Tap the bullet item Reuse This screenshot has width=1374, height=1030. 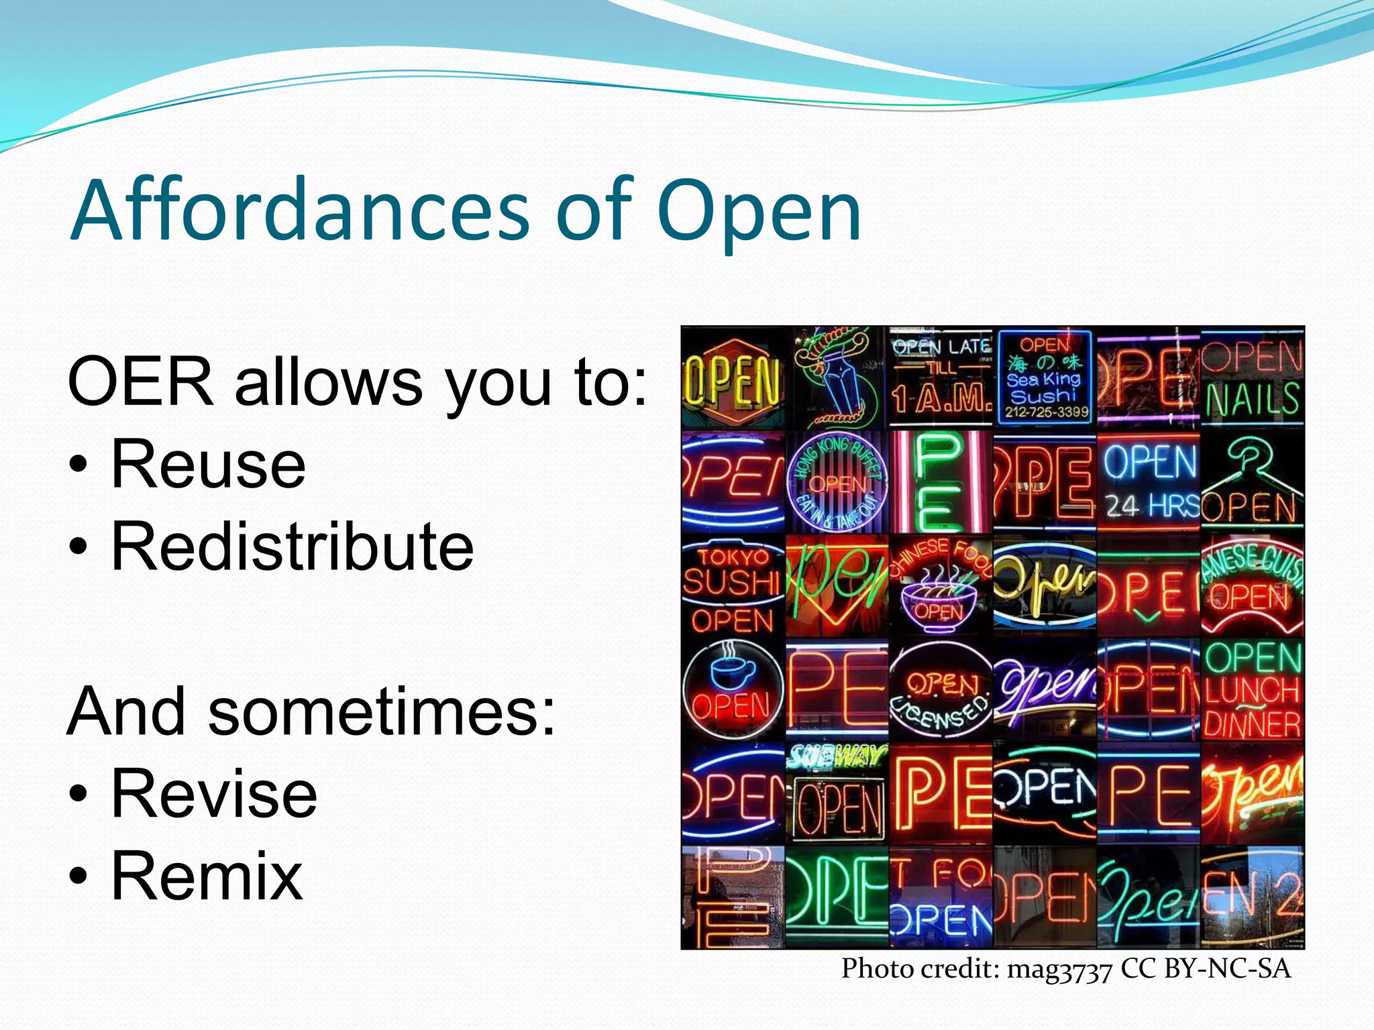[x=208, y=464]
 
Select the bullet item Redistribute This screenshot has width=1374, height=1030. [x=292, y=547]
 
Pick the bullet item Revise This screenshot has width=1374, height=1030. [x=213, y=794]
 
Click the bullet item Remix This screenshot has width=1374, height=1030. [x=207, y=876]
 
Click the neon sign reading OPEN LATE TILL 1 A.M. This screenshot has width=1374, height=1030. [x=941, y=376]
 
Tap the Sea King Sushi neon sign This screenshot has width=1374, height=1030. [x=1045, y=377]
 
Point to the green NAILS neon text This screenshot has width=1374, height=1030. [x=1252, y=400]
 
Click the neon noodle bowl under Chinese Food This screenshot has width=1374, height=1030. [x=939, y=600]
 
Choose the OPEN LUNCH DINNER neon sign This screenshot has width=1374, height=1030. [x=1252, y=691]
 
